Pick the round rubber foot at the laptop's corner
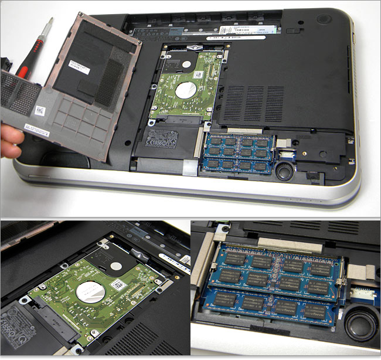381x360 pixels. pyautogui.click(x=323, y=19)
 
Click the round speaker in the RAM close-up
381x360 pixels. pyautogui.click(x=359, y=325)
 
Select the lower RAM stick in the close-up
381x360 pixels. pyautogui.click(x=270, y=305)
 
